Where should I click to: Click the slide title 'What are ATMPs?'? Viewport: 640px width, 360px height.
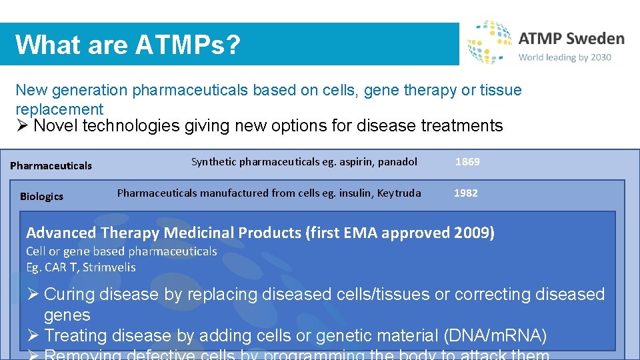coord(127,45)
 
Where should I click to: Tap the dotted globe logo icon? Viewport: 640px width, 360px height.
coord(489,41)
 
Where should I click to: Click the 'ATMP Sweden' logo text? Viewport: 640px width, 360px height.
coord(571,39)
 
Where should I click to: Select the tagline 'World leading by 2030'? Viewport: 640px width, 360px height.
coord(565,57)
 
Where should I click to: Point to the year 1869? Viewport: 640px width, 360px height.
coord(467,162)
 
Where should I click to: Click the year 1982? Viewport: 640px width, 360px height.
coord(466,193)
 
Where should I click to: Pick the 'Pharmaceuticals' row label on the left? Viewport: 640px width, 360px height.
coord(51,165)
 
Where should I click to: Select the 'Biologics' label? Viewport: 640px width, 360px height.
coord(41,197)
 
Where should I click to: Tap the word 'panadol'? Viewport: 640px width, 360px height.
coord(398,162)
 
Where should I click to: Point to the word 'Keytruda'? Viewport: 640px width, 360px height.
coord(399,193)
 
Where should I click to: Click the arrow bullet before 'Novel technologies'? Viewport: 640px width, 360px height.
coord(22,126)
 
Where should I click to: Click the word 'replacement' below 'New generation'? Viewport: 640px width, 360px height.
coord(59,109)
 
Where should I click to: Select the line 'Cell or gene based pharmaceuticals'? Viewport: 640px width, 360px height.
coord(121,251)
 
